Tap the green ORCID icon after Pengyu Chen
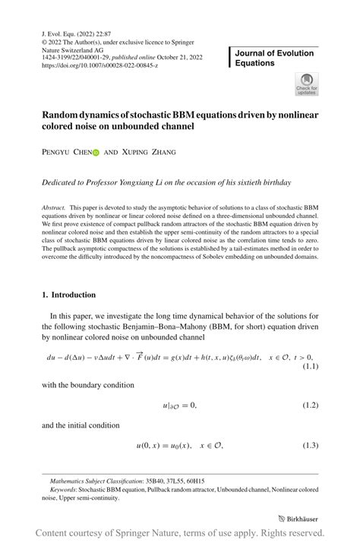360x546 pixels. pyautogui.click(x=96, y=152)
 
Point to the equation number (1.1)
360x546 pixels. pyautogui.click(x=311, y=367)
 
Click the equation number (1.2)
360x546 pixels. pyautogui.click(x=311, y=406)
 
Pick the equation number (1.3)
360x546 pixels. pyautogui.click(x=311, y=444)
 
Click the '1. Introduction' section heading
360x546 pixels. pyautogui.click(x=69, y=295)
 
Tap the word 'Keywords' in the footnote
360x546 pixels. pyautogui.click(x=65, y=489)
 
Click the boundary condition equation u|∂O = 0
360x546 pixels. pyautogui.click(x=179, y=406)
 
